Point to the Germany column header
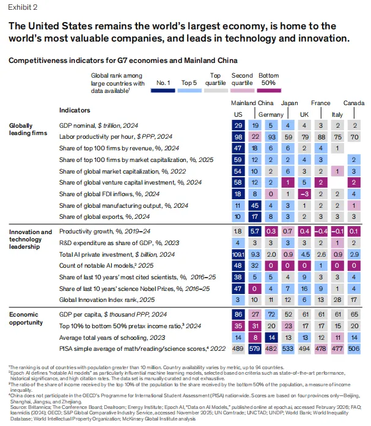[271, 114]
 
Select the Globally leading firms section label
[26, 128]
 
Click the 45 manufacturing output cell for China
[255, 205]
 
